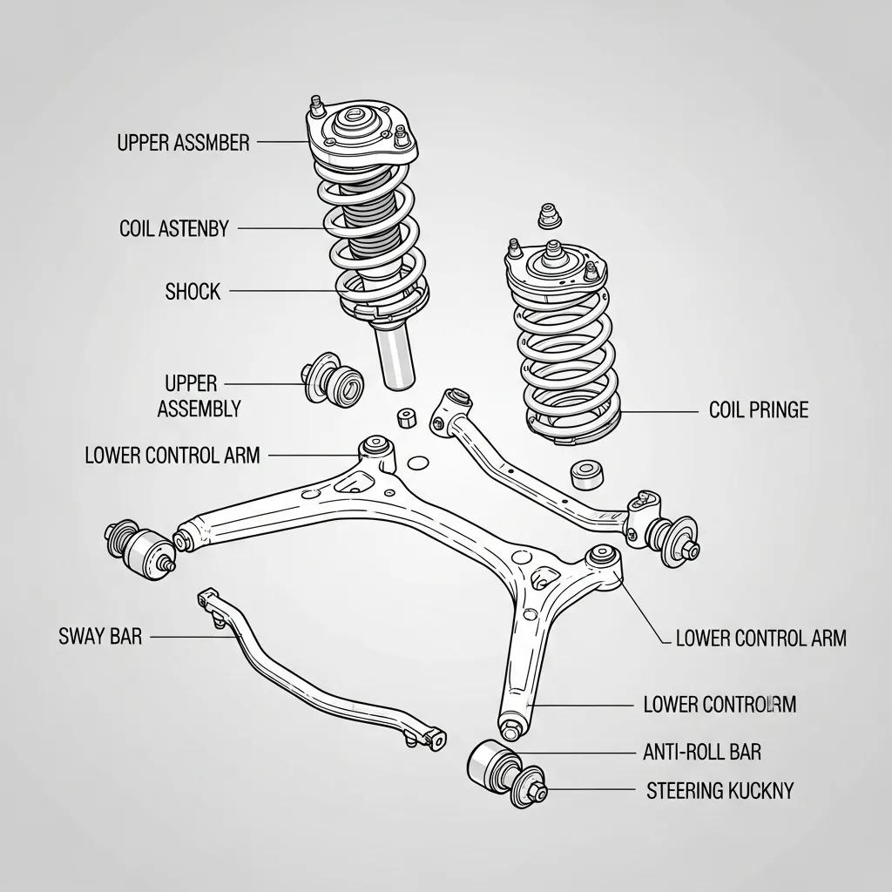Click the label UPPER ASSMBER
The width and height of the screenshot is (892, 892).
183,142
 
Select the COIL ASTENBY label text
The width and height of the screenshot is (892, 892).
173,229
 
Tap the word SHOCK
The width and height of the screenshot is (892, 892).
193,291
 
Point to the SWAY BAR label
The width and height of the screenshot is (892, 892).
99,637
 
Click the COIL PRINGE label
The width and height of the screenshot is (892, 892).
758,409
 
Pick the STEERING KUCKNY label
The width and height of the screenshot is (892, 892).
720,790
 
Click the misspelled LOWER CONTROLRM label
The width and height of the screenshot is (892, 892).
719,704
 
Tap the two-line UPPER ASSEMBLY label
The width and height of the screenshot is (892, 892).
199,395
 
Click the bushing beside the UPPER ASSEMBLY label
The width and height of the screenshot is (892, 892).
333,380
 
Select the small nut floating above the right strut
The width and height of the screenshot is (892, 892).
548,214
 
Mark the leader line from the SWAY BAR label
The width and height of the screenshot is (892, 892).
192,637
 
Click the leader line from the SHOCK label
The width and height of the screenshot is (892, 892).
283,291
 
